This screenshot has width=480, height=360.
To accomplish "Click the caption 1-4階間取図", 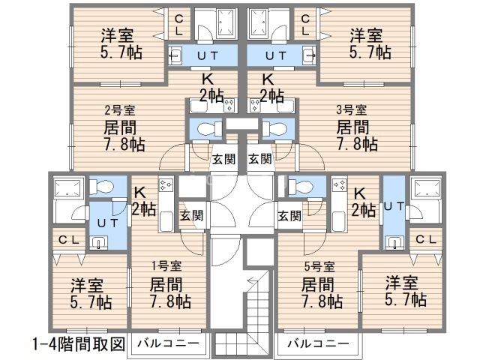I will pos(78,344).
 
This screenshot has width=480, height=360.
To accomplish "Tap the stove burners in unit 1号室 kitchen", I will pos(165,184).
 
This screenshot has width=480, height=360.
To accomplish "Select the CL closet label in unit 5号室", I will pos(424,239).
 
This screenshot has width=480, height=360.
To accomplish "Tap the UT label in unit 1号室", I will pos(99,221).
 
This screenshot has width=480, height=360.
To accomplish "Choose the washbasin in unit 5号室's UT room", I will pos(392,241).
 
